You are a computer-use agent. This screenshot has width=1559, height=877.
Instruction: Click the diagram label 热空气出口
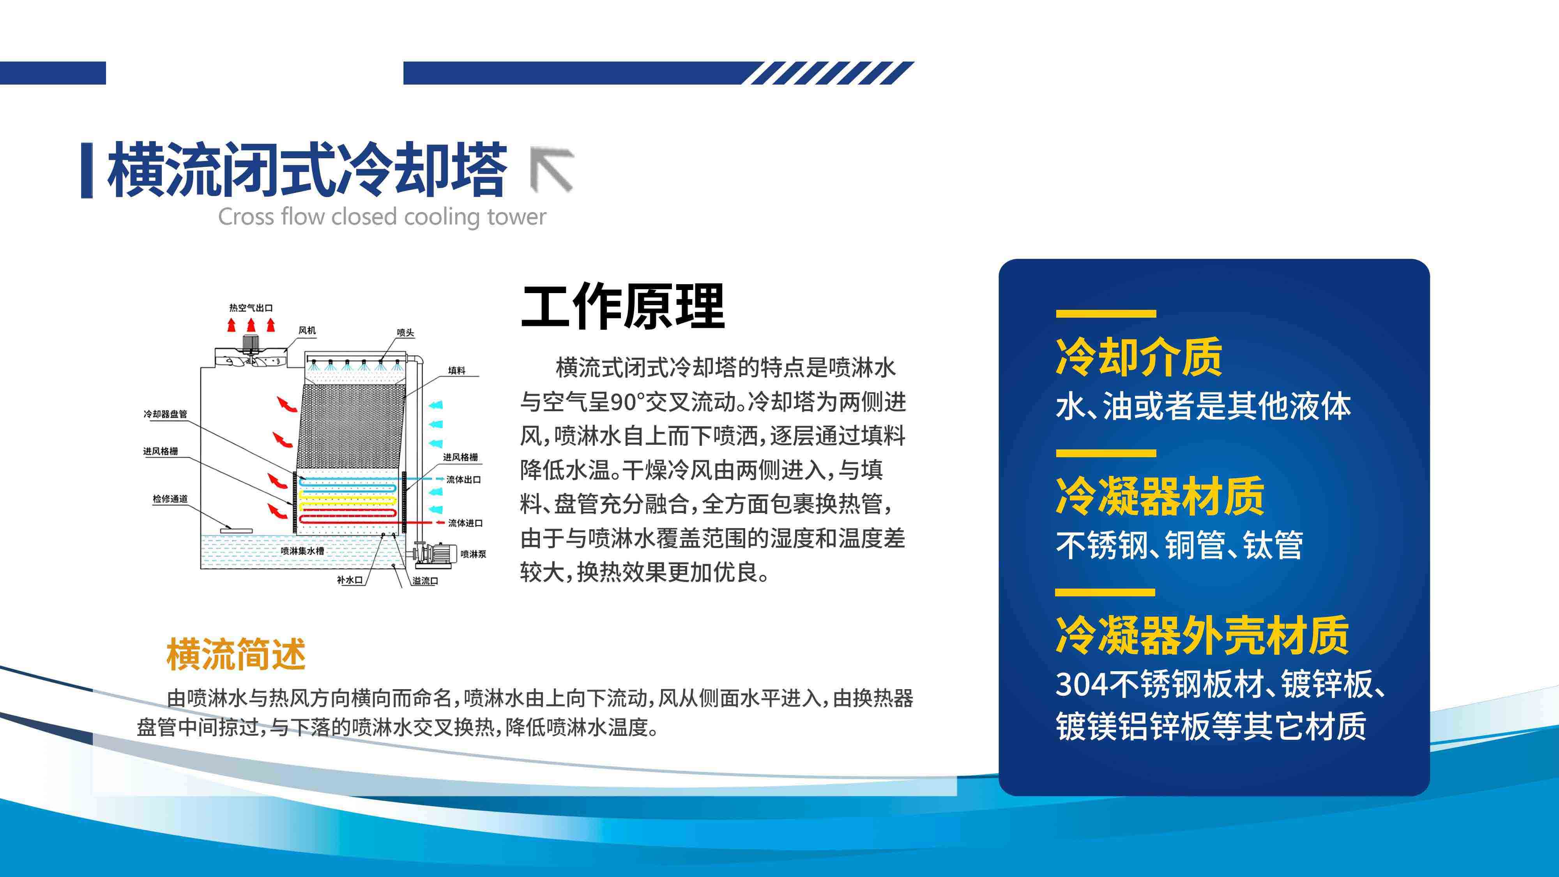coord(251,308)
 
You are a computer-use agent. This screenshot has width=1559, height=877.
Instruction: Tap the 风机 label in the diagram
coord(307,331)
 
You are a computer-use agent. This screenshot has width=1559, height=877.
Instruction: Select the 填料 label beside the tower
coord(456,370)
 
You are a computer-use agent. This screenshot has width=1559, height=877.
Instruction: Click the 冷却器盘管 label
coord(165,414)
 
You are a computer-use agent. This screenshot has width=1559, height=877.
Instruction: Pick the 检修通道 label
coord(170,499)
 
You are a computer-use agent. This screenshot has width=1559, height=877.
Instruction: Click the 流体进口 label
coord(465,523)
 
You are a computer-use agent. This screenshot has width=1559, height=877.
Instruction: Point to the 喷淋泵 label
coord(473,554)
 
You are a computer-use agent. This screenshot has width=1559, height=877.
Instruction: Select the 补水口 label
coord(350,580)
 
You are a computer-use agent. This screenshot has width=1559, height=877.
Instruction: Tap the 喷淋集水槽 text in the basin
coord(302,551)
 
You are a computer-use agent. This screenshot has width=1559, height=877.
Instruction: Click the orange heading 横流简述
coord(236,654)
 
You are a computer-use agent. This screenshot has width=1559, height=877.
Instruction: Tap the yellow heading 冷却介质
coord(1139,357)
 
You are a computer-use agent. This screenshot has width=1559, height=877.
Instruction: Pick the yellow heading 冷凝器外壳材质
coord(1202,635)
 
